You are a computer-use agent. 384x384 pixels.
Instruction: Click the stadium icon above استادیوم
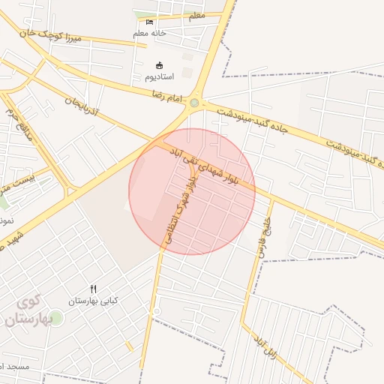pyautogui.click(x=158, y=65)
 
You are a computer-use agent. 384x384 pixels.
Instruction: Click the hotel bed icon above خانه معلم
pyautogui.click(x=149, y=22)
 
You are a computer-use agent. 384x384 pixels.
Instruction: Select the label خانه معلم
pyautogui.click(x=149, y=33)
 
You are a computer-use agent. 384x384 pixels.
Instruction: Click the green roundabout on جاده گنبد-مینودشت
pyautogui.click(x=195, y=103)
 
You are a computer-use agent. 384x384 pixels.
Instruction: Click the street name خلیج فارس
pyautogui.click(x=265, y=237)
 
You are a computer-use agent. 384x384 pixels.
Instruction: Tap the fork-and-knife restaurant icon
pyautogui.click(x=93, y=289)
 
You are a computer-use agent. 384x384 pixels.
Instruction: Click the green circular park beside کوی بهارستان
pyautogui.click(x=56, y=318)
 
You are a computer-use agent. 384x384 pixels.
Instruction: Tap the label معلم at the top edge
pyautogui.click(x=196, y=15)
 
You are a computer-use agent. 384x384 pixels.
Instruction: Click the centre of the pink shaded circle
pyautogui.click(x=192, y=191)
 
